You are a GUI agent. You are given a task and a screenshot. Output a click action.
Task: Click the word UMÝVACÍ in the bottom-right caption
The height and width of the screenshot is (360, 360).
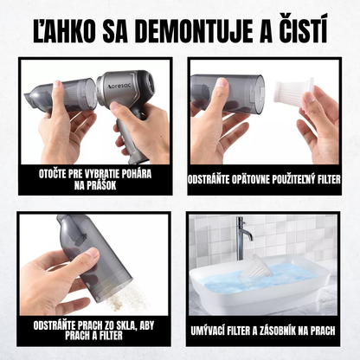coord(215,329)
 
